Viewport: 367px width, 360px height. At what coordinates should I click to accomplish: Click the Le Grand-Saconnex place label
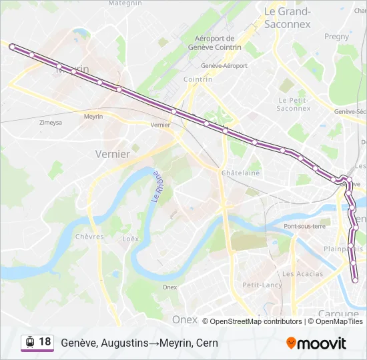click(x=288, y=17)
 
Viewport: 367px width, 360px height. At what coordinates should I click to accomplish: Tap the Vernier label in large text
click(x=113, y=153)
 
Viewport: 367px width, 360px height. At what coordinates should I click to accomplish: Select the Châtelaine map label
click(x=240, y=173)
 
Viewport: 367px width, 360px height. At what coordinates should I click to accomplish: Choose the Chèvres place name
click(x=89, y=237)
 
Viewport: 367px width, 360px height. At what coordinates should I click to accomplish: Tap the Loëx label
click(x=131, y=238)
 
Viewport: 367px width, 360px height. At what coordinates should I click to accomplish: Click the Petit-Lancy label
click(x=262, y=285)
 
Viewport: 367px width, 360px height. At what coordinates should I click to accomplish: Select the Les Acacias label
click(x=302, y=274)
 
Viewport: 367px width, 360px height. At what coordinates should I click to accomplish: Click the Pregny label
click(x=336, y=37)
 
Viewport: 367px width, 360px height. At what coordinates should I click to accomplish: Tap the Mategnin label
click(x=125, y=3)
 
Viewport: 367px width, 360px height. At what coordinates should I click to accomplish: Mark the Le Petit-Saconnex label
click(x=294, y=103)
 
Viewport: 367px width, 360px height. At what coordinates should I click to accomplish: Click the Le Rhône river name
click(x=156, y=186)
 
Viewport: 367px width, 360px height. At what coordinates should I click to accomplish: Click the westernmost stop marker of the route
click(x=12, y=46)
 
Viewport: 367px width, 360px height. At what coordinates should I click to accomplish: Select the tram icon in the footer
click(x=30, y=342)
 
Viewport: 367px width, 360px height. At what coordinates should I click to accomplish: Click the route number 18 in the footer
click(x=45, y=341)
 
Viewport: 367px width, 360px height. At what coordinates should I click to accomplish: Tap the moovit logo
click(x=316, y=343)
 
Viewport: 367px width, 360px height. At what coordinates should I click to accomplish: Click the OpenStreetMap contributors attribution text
click(x=256, y=321)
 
